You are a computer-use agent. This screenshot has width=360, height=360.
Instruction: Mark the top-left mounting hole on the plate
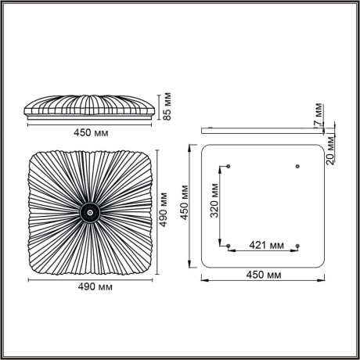[228, 165]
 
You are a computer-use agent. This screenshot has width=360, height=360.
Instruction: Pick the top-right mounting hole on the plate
[297, 165]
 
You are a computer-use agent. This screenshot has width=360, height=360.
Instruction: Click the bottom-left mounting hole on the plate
[228, 247]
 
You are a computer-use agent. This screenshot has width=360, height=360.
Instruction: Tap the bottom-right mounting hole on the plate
[297, 247]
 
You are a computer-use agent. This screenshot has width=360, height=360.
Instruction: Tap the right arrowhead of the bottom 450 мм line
[323, 283]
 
